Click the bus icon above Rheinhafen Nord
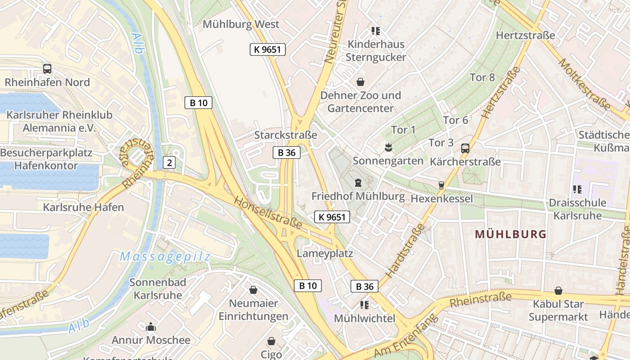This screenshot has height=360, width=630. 47,69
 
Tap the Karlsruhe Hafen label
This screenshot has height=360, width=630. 83,207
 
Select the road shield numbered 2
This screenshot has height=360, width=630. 169,162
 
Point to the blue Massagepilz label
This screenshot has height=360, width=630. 165,257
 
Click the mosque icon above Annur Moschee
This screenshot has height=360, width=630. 151,327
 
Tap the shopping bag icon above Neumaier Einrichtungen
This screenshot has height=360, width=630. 253,290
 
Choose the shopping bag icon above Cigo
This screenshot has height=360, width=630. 271,341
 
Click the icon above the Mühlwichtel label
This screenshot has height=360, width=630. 364,305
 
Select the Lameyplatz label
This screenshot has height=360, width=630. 325,253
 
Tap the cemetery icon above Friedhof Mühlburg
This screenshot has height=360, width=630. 358,183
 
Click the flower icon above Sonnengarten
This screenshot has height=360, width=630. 387,147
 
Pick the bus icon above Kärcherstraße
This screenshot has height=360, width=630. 465,148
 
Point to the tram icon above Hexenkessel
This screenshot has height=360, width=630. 441,185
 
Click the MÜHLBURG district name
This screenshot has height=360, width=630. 510,234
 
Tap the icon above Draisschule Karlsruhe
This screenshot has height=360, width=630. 577,189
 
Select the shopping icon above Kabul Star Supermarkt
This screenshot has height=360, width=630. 558,291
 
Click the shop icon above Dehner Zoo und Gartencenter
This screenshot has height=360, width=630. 360,82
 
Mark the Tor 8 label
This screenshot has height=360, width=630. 482,77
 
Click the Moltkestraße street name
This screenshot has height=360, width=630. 585,85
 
